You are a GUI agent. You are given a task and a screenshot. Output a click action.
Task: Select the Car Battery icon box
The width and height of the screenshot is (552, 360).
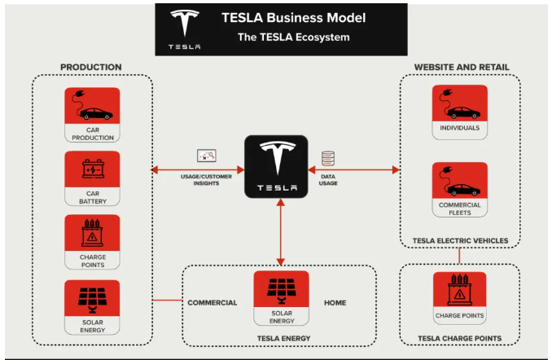coord(92,178)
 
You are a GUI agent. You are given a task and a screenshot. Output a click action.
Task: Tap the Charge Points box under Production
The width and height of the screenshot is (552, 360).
coord(92,242)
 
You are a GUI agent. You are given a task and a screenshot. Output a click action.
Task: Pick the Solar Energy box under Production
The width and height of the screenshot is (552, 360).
coord(92,306)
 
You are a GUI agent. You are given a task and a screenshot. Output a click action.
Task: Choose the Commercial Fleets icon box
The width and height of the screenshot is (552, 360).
coord(459,189)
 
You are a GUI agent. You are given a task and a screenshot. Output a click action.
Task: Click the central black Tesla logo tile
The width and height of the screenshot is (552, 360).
coord(278,167)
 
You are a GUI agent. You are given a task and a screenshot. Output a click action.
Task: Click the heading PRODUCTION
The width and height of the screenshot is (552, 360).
coord(91,67)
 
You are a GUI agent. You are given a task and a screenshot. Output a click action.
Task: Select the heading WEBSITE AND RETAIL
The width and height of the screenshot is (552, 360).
coord(460,66)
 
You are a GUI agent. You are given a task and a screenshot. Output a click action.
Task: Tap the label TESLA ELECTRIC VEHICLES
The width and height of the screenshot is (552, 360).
coord(461,240)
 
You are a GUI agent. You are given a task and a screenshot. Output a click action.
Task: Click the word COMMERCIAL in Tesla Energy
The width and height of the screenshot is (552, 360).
coord(212,303)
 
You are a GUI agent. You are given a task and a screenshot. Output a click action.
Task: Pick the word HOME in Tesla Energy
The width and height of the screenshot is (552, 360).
coord(335,303)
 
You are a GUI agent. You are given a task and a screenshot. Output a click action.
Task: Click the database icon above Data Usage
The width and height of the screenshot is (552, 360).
coord(328,158)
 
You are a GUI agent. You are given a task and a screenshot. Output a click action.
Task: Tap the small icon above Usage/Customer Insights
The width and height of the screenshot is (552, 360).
coord(206,155)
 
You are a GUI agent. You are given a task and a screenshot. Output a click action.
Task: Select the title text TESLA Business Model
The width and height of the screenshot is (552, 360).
coord(294,17)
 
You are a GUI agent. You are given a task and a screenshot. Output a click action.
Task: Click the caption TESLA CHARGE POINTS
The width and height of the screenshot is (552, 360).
coord(459,338)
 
